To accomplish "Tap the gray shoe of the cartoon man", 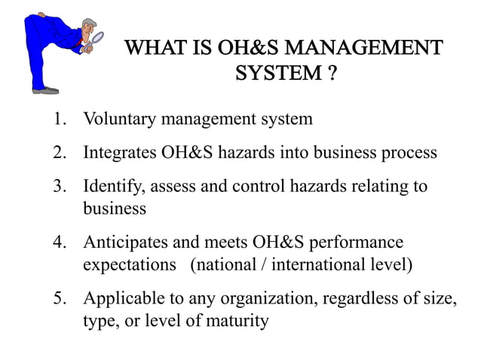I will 46,90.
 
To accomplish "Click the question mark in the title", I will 331,75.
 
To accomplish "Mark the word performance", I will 360,243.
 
